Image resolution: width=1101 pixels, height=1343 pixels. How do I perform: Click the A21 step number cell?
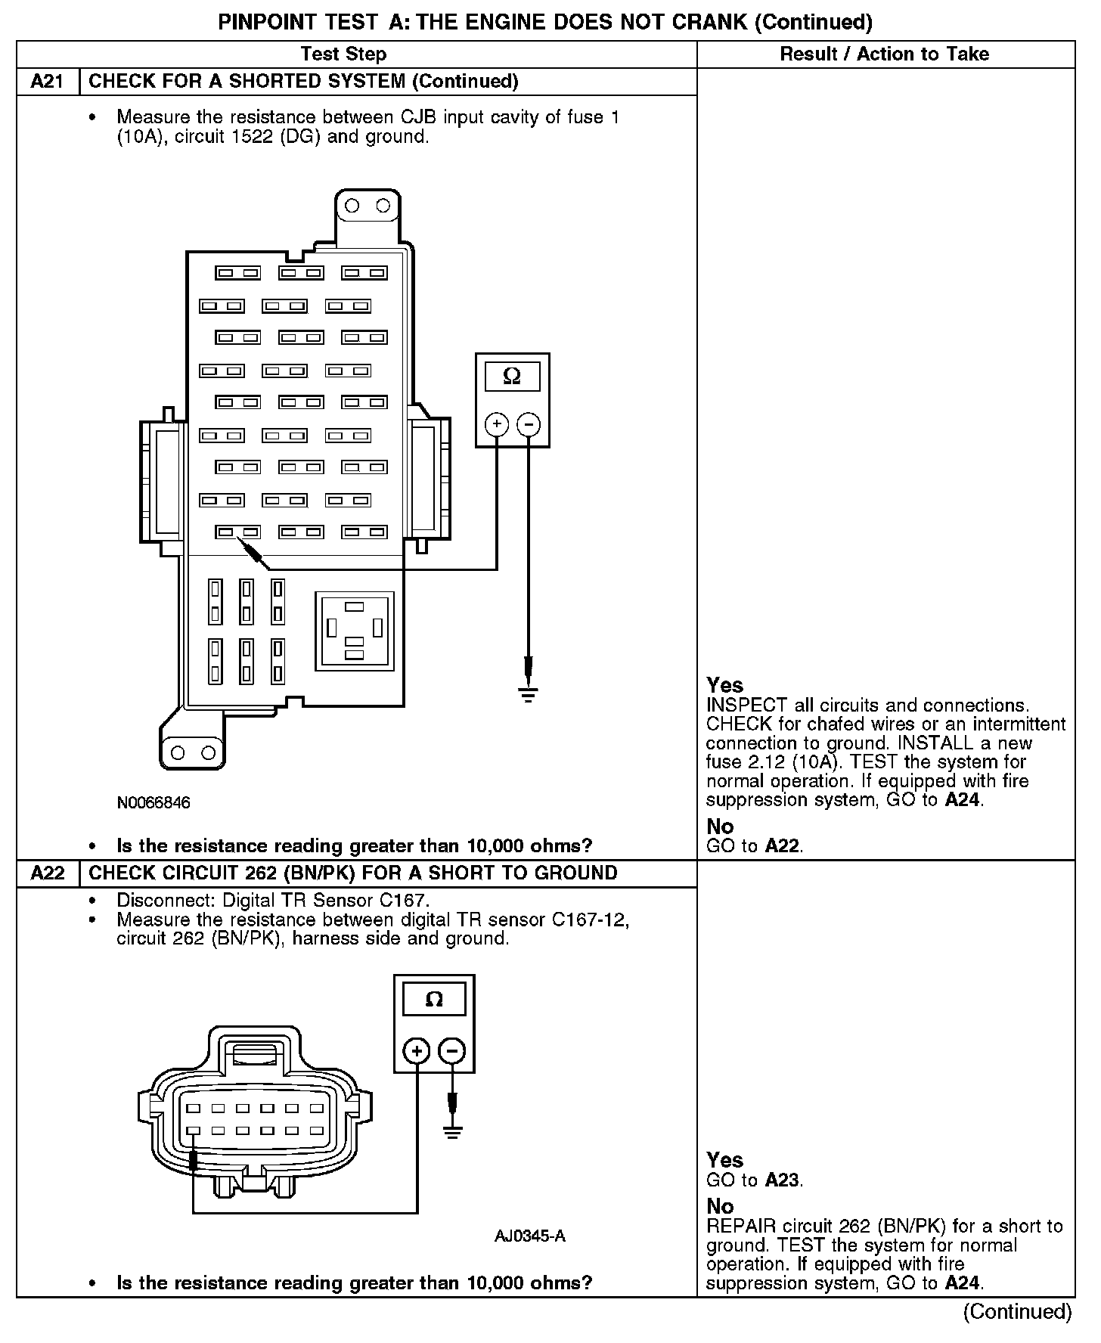coord(47,82)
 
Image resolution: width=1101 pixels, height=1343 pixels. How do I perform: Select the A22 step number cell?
coord(47,873)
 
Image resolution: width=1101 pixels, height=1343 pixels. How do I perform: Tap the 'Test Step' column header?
coord(343,54)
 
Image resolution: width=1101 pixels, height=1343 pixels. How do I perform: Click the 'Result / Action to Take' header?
coord(884,54)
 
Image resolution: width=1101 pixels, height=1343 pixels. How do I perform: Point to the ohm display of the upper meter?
coord(512,377)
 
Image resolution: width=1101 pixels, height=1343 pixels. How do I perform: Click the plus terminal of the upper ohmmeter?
coord(497,424)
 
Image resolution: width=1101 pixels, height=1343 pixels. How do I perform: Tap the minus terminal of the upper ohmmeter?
coord(529,424)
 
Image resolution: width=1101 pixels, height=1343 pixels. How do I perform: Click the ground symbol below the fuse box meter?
coord(529,693)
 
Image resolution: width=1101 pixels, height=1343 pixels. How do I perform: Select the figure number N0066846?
coord(154,802)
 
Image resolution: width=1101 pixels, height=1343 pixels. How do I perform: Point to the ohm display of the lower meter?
coord(434,1000)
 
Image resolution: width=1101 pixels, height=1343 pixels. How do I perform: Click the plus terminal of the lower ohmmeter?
coord(417,1050)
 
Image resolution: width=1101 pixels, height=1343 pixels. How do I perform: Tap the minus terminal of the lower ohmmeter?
coord(452,1050)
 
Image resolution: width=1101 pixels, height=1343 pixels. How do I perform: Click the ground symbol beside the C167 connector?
coord(452,1132)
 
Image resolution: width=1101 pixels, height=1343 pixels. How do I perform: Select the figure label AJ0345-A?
coord(529,1237)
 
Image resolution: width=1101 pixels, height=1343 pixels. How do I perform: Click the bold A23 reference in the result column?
coord(782,1180)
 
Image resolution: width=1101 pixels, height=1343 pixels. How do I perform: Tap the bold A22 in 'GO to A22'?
coord(782,846)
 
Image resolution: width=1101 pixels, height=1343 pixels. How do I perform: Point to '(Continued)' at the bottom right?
coord(1018,1312)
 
